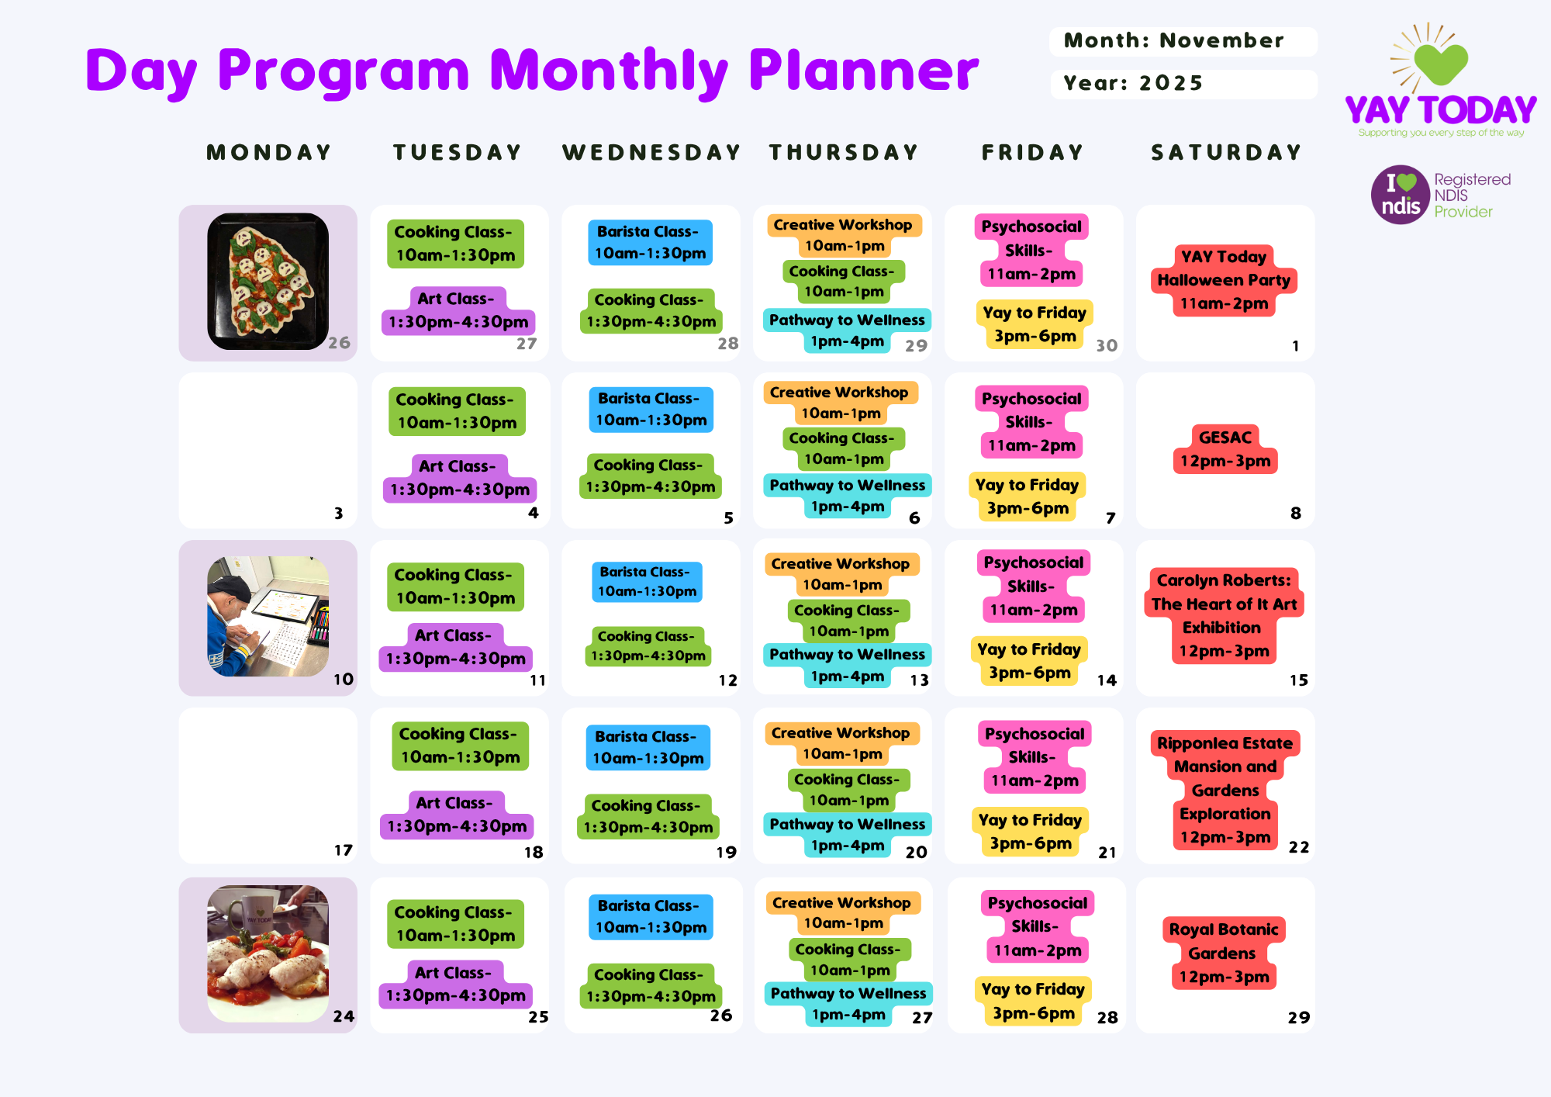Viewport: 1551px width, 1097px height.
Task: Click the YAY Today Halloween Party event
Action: (x=1224, y=280)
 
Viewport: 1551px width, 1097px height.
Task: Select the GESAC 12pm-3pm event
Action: (x=1225, y=449)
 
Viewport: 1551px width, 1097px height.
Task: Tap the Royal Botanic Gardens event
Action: (x=1224, y=953)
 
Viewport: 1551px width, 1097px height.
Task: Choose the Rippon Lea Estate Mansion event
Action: (x=1225, y=790)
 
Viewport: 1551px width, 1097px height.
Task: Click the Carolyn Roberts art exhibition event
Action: (x=1224, y=615)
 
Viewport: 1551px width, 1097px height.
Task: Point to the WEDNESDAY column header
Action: (x=651, y=152)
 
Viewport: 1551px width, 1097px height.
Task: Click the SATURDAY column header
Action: (x=1226, y=152)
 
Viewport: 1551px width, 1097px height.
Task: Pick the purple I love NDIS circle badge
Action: (x=1401, y=195)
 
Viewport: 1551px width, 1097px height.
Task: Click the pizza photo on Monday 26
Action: (x=268, y=281)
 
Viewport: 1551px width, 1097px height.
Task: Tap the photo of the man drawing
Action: (x=268, y=616)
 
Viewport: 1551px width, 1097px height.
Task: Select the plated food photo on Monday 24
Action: (x=268, y=953)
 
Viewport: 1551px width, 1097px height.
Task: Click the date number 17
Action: (x=343, y=850)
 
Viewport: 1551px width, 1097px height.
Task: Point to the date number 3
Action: (x=338, y=513)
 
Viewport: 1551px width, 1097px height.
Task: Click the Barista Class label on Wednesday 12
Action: (x=647, y=582)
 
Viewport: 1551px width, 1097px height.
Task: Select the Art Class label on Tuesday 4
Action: (x=460, y=478)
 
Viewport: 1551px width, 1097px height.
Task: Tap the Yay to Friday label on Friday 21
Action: (x=1030, y=832)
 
